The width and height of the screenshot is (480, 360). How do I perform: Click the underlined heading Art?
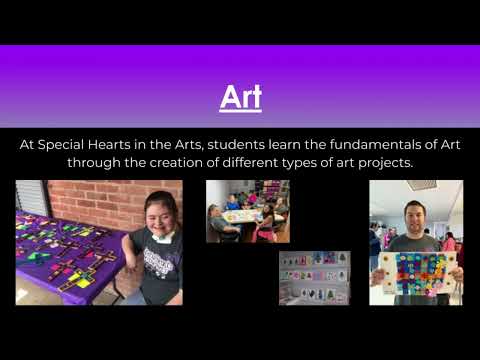(x=240, y=98)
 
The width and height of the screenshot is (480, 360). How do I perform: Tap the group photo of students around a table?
(x=248, y=211)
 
